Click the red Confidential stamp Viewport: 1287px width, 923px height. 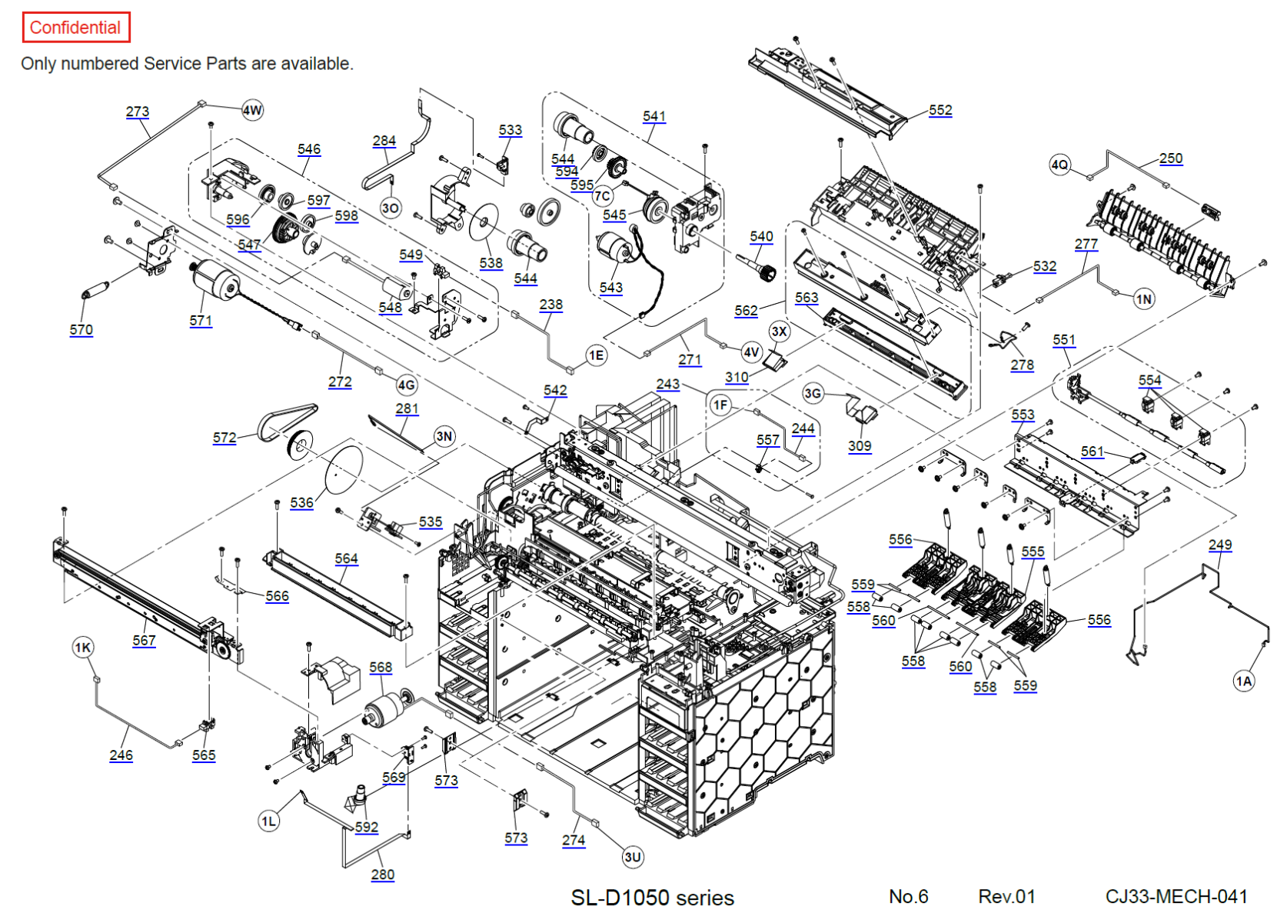[x=75, y=28]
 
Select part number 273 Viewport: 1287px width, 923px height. [x=138, y=112]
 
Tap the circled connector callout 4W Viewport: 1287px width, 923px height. [x=252, y=110]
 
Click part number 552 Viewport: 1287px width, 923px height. [x=940, y=110]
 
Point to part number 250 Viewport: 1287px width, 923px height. [x=1171, y=158]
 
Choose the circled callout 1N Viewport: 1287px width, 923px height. [x=1144, y=299]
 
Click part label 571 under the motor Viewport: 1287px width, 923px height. [x=201, y=321]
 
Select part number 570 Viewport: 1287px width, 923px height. [x=81, y=330]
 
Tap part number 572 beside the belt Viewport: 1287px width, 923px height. [x=224, y=438]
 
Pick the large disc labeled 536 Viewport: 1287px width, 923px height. [x=344, y=469]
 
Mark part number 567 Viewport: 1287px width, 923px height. [x=144, y=640]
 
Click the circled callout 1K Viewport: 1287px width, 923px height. [x=83, y=648]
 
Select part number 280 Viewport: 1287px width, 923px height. [x=383, y=875]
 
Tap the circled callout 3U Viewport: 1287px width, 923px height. [x=633, y=857]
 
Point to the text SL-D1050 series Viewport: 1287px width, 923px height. [x=652, y=898]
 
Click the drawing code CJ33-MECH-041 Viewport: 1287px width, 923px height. [x=1176, y=897]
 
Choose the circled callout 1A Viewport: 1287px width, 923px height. [x=1244, y=681]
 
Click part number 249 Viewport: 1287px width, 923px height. [x=1220, y=545]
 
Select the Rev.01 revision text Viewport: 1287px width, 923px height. [x=1006, y=897]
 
